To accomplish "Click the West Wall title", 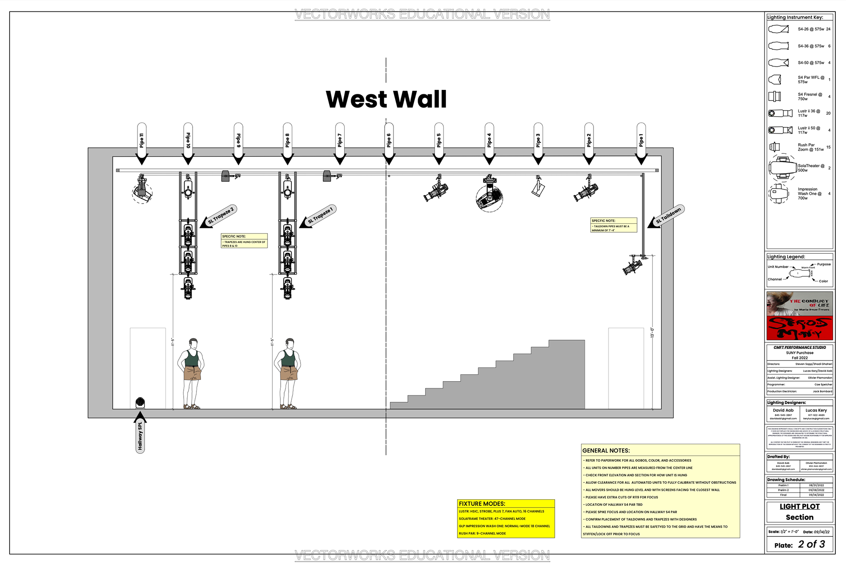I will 386,99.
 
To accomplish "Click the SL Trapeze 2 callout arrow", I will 219,216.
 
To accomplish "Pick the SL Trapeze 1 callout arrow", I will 318,216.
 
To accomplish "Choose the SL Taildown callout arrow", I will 666,216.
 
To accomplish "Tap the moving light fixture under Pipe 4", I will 489,196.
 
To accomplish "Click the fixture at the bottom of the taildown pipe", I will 633,265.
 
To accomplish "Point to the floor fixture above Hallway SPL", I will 140,403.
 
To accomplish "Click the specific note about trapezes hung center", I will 244,241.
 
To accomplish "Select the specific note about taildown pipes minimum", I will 613,225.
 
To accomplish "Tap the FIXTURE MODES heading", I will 482,504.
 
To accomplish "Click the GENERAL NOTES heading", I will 606,451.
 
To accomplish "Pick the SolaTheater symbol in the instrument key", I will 783,168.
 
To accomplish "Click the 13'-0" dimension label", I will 653,333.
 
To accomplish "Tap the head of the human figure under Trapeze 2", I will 193,343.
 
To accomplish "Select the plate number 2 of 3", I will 811,545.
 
